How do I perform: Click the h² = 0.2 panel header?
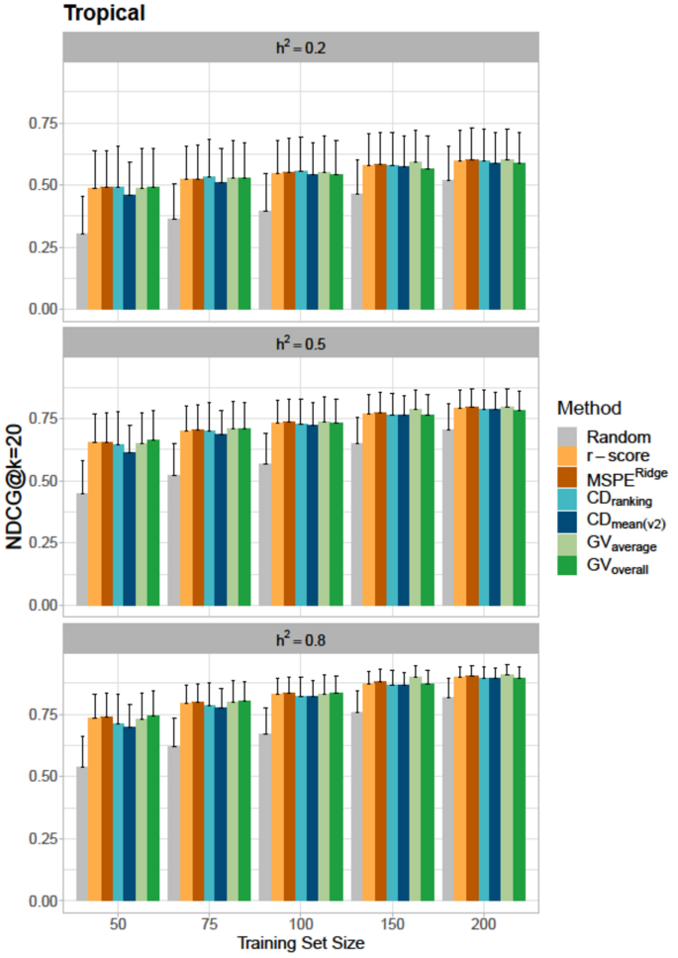300,47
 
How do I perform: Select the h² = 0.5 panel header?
300,342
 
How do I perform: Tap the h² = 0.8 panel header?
300,638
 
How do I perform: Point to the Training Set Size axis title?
300,944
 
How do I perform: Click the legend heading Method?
591,408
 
